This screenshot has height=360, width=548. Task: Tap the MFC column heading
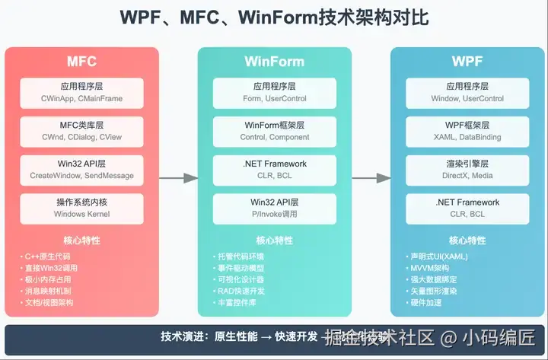82,61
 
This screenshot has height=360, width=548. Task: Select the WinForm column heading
274,61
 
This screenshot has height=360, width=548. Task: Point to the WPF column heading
467,61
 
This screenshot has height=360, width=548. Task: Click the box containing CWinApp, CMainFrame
82,92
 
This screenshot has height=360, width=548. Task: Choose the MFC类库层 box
82,130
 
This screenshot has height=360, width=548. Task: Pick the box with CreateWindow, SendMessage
82,169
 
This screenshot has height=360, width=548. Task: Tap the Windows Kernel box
82,208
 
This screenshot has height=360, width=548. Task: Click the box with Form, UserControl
274,92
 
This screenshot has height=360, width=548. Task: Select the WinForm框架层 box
274,130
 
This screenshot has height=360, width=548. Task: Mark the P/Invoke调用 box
274,208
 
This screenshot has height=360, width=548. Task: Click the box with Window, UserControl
467,92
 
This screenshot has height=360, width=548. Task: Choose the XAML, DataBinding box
467,130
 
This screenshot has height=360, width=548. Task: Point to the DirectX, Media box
467,169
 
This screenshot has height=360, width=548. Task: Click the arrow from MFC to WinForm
179,178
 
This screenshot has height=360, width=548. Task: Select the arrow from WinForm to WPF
371,178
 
